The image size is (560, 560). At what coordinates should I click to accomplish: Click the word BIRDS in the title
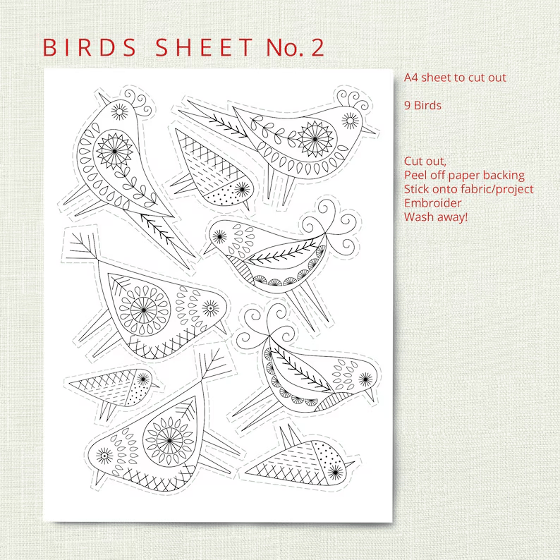90,47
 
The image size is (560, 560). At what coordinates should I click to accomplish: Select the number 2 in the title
317,47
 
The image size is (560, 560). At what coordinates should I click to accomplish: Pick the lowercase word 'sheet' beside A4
436,78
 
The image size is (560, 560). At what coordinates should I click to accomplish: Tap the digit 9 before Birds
408,106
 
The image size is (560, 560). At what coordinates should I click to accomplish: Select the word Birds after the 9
428,106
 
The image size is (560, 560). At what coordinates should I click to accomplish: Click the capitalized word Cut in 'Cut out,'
413,162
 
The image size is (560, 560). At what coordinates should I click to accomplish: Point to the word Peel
415,176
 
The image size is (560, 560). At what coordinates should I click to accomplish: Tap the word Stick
416,189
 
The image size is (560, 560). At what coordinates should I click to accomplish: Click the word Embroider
433,203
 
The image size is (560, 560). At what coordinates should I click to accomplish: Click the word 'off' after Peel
437,176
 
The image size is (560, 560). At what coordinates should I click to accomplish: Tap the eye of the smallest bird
143,379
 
